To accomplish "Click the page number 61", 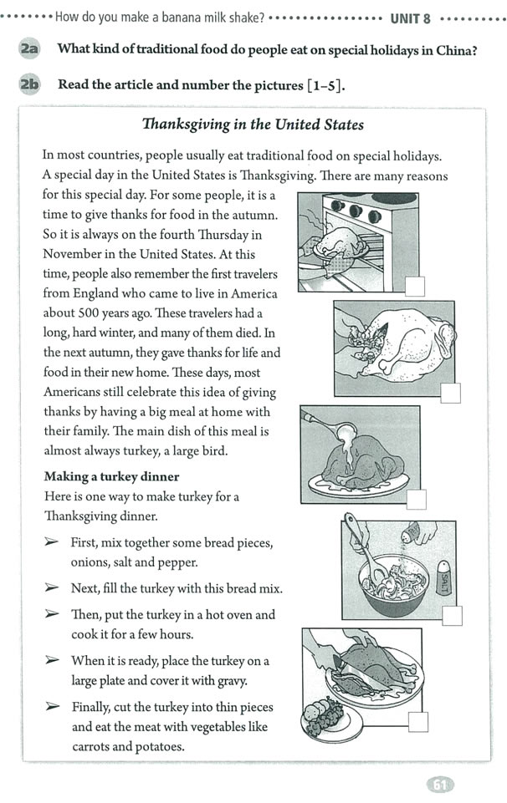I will point(440,785).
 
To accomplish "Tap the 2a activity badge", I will point(28,49).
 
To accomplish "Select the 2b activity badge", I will point(28,84).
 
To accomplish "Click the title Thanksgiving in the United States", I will point(253,125).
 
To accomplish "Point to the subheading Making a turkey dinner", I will point(111,476).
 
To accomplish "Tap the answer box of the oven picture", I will point(414,287).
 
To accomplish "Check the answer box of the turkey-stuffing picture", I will point(451,393).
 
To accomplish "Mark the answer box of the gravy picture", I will point(416,499).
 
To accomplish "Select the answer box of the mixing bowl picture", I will point(452,616).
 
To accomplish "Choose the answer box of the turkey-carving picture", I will point(418,722).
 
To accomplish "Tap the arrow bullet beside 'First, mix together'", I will point(52,542).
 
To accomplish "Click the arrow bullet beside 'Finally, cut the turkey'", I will point(52,707).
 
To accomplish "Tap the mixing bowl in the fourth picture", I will point(392,585).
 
